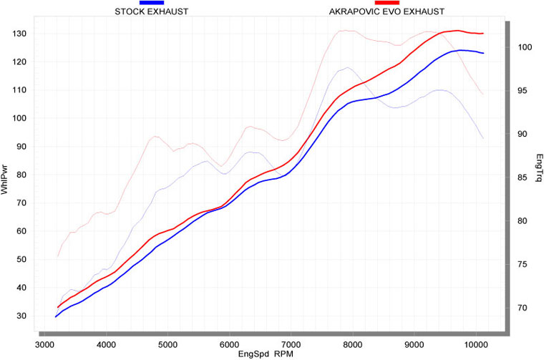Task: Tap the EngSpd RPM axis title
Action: click(268, 353)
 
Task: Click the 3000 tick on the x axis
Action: click(44, 343)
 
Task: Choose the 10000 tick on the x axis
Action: click(475, 343)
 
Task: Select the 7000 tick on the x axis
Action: click(291, 343)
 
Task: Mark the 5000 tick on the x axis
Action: click(167, 343)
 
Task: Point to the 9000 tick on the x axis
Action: click(414, 343)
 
